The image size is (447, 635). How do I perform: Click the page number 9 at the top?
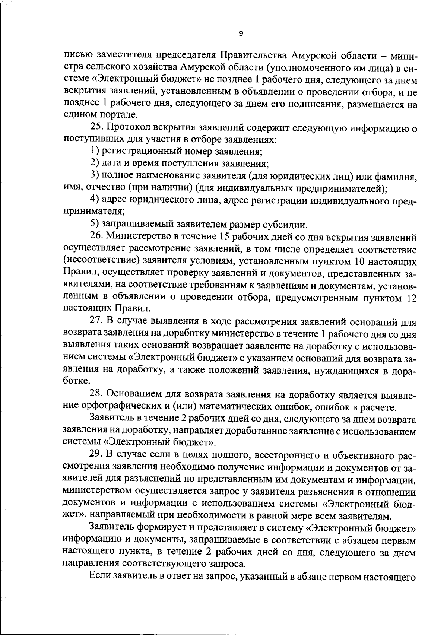[x=240, y=34]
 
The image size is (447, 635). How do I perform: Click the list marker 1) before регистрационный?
[x=95, y=152]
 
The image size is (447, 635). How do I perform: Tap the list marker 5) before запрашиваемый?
[x=95, y=224]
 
